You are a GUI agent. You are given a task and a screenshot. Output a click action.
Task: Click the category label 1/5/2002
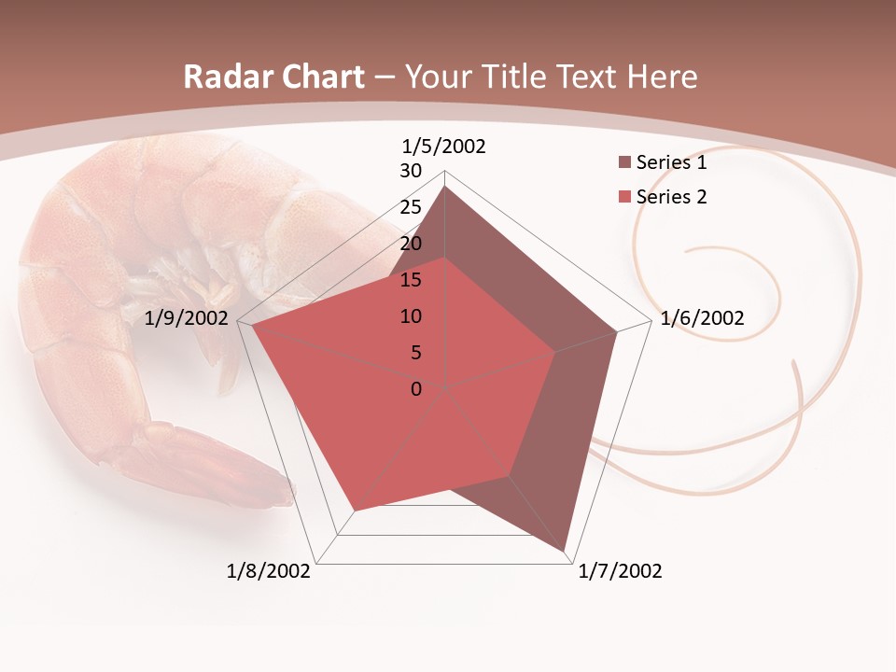click(x=443, y=147)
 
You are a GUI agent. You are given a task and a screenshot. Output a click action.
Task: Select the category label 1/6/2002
click(x=702, y=318)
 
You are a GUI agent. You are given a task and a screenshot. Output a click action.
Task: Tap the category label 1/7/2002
click(x=620, y=571)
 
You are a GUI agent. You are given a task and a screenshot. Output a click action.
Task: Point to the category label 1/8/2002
click(x=269, y=571)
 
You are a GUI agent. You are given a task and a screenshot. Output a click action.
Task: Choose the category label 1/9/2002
click(x=187, y=318)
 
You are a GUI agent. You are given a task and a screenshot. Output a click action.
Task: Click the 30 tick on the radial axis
click(x=411, y=171)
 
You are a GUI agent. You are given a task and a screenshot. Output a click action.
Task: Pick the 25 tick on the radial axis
click(x=411, y=207)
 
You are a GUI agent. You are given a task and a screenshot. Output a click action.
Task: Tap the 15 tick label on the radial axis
click(x=411, y=280)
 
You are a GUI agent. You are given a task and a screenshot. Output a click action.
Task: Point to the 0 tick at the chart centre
click(x=416, y=389)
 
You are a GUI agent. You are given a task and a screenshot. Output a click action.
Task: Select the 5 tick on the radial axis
click(x=416, y=353)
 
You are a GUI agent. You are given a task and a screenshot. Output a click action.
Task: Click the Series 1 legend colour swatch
click(x=624, y=163)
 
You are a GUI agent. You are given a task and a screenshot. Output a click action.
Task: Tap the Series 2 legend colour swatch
click(x=624, y=197)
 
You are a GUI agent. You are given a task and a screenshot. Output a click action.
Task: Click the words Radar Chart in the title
click(x=273, y=77)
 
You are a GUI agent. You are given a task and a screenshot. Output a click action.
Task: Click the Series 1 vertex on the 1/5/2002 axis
click(x=445, y=187)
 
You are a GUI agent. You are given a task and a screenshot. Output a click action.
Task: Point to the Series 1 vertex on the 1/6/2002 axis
click(x=617, y=331)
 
